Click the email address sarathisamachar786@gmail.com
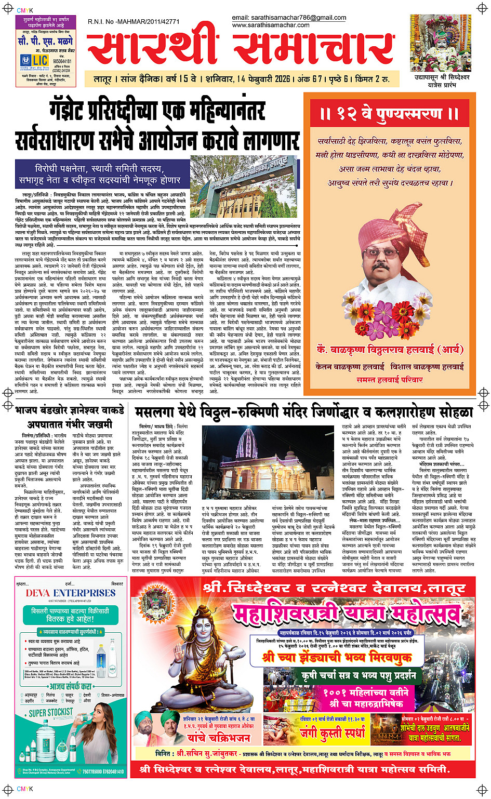(x=289, y=18)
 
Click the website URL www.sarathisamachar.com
(x=271, y=25)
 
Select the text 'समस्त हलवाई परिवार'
(x=389, y=380)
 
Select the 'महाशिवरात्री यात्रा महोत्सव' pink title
(x=347, y=616)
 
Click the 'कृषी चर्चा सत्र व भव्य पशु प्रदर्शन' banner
(x=359, y=675)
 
